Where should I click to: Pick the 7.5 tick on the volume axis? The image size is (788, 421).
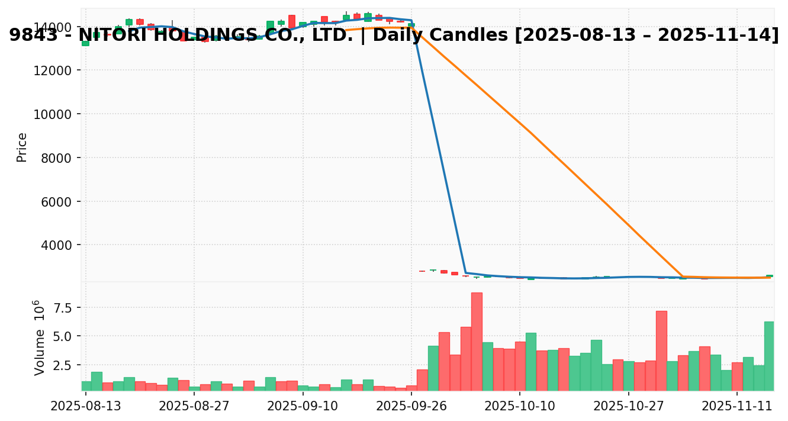click(63, 307)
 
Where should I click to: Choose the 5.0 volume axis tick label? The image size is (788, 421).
click(63, 336)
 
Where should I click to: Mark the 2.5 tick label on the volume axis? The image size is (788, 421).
click(63, 365)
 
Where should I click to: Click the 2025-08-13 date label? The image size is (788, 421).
click(85, 406)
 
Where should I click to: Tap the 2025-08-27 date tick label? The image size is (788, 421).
click(194, 406)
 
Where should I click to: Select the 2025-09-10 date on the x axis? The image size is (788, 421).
click(302, 406)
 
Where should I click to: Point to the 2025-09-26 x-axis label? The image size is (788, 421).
click(411, 406)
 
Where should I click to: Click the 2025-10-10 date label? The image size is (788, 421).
click(519, 406)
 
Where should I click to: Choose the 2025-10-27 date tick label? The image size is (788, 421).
click(628, 406)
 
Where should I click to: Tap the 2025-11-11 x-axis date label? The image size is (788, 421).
click(737, 406)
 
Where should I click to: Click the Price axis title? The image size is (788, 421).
click(22, 147)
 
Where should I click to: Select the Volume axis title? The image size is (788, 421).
click(39, 338)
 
